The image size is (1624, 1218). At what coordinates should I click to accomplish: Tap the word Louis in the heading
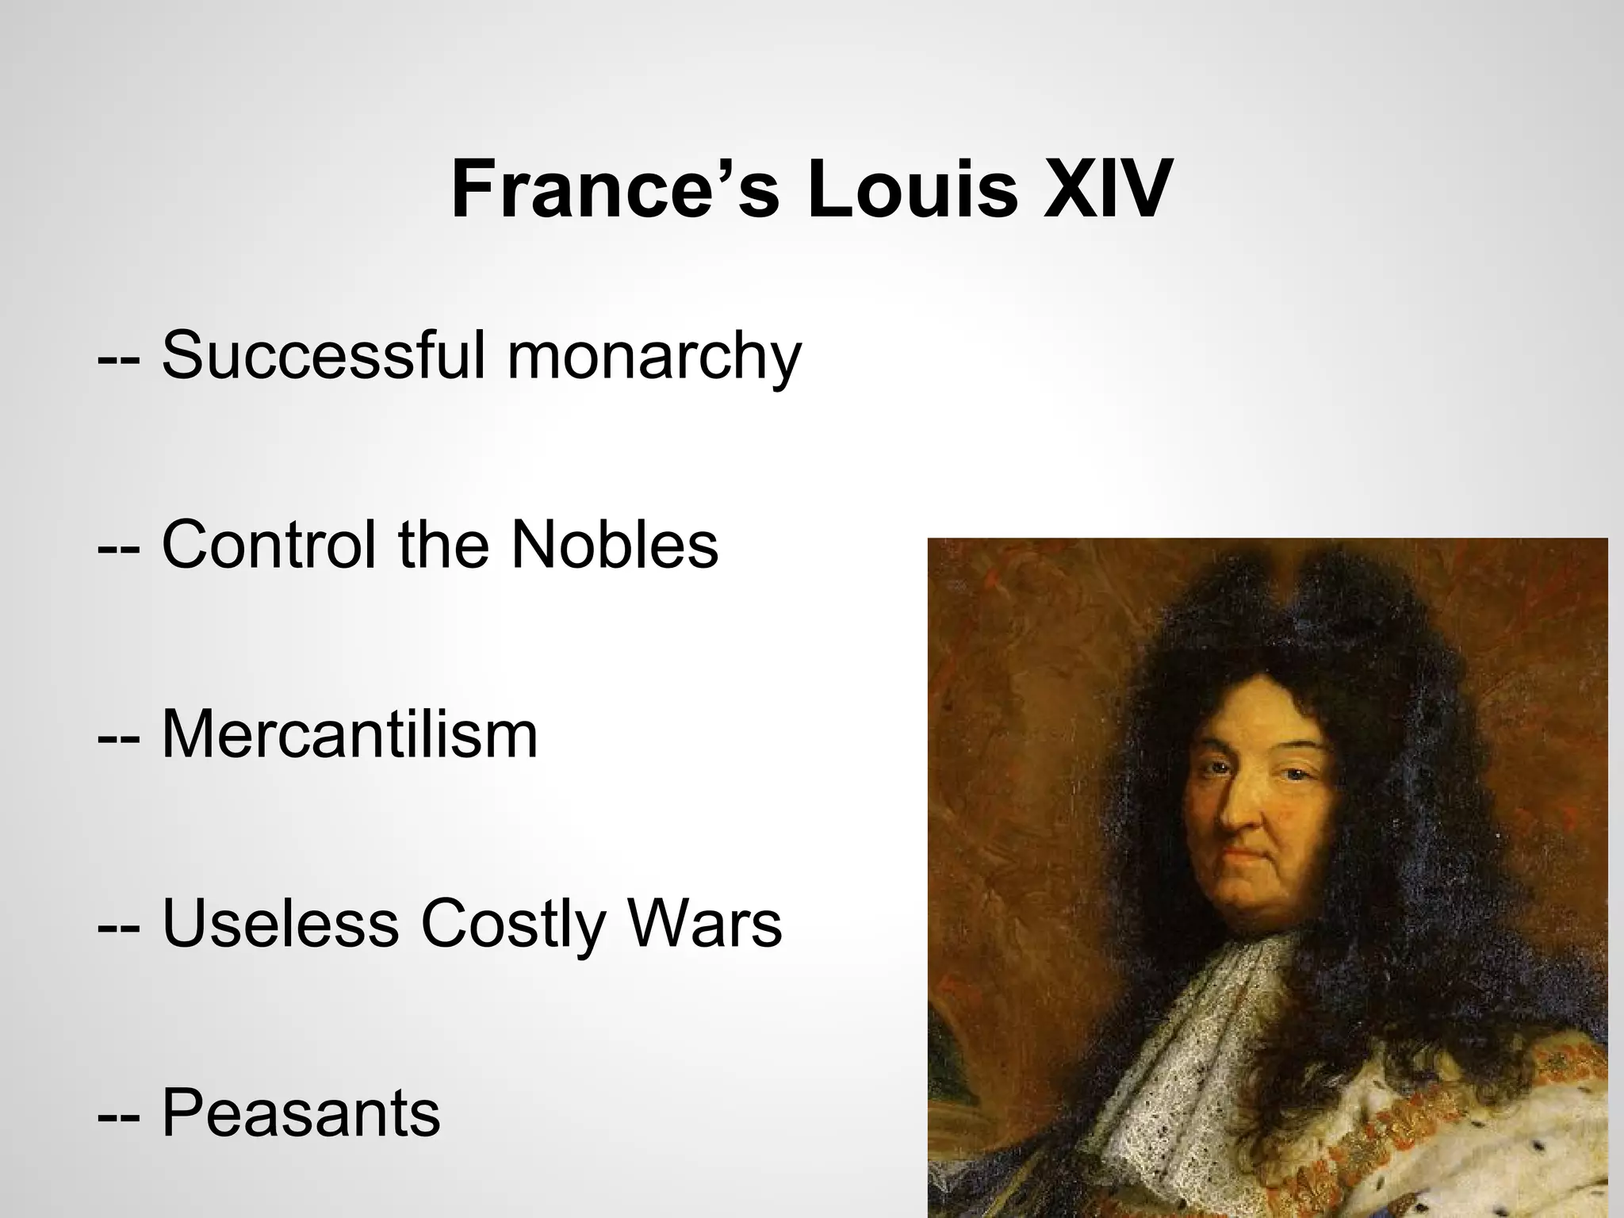tap(912, 190)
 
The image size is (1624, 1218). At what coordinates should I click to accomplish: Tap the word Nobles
tap(615, 545)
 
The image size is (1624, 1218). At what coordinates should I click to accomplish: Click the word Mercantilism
tap(350, 734)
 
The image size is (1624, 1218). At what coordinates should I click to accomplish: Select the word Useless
tap(281, 924)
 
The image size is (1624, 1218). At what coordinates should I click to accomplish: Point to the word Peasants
tap(301, 1113)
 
